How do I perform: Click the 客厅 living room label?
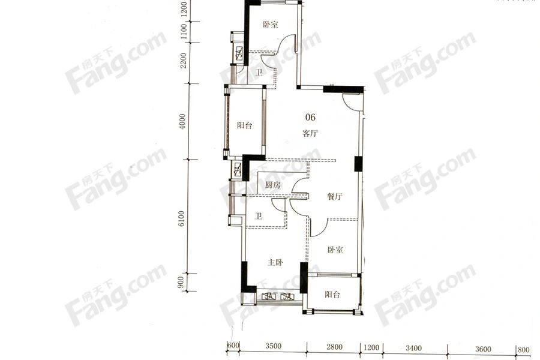[x=310, y=133]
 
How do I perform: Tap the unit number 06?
[x=310, y=118]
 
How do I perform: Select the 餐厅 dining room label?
[x=334, y=197]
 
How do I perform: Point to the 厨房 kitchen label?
[x=273, y=185]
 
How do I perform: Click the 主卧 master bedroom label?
[x=275, y=263]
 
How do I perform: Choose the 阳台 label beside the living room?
[x=245, y=125]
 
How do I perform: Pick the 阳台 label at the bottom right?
[x=332, y=294]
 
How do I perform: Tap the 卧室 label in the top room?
[x=271, y=25]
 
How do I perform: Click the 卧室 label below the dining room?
[x=335, y=250]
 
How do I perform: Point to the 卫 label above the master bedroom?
[x=258, y=216]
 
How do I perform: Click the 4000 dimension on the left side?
[x=182, y=121]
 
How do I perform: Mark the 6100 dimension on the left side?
[x=181, y=219]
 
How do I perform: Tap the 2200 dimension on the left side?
[x=183, y=60]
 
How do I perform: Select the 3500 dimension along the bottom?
[x=273, y=347]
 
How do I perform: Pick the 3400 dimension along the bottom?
[x=413, y=348]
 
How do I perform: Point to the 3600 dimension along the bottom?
[x=483, y=349]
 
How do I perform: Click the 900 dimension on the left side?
[x=182, y=283]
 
